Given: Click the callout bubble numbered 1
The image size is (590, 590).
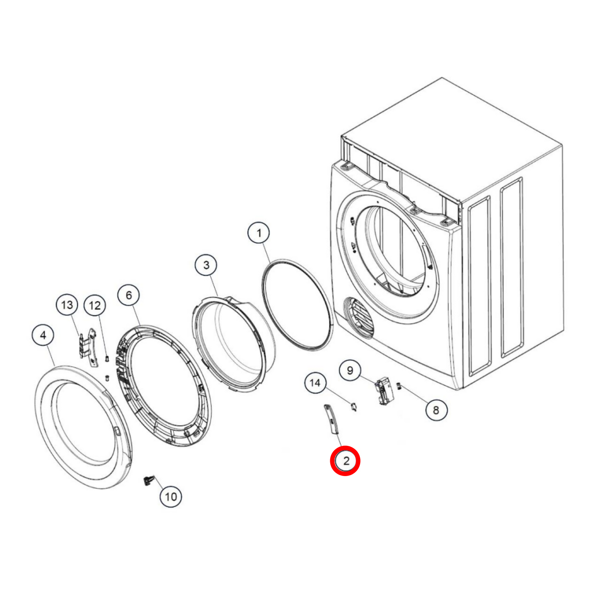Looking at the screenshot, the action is (x=259, y=233).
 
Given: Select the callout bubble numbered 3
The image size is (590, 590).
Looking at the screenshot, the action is (x=206, y=265).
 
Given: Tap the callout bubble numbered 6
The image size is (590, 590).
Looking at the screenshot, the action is (x=129, y=295).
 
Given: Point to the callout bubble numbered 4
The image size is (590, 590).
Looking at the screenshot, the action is (x=43, y=335).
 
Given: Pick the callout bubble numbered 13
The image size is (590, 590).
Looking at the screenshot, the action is (x=67, y=305).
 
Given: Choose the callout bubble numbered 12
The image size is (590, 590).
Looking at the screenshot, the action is (x=95, y=305).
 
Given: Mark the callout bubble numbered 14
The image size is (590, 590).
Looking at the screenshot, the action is (x=315, y=383).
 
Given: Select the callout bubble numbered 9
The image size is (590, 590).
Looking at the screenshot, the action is (x=350, y=370).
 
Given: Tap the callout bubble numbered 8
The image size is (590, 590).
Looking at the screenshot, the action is (x=436, y=410).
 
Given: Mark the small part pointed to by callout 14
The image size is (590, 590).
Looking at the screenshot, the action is (x=353, y=407).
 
